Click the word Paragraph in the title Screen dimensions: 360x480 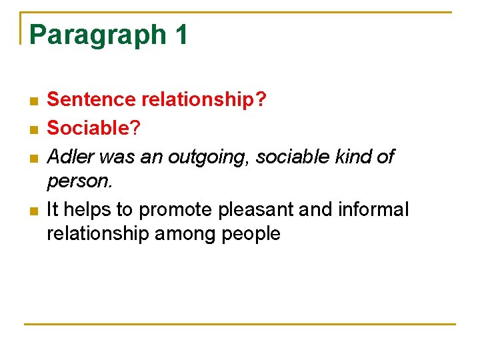pos(96,35)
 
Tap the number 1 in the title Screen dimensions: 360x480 pos(180,34)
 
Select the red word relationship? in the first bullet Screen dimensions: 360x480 pos(203,100)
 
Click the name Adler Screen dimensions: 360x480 pos(66,157)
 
